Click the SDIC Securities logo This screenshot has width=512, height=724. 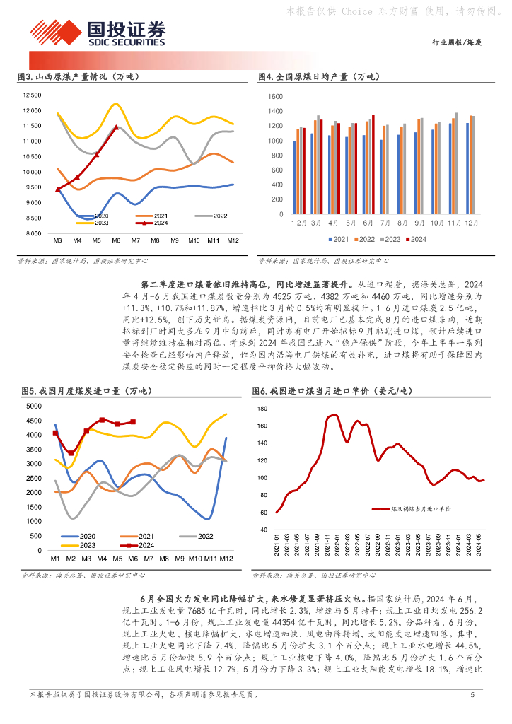(x=98, y=33)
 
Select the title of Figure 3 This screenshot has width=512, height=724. (x=78, y=77)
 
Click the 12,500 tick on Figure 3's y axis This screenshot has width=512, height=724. (x=33, y=95)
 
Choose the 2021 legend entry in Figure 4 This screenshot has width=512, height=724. (x=337, y=239)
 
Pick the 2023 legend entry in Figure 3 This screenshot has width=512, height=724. (x=98, y=222)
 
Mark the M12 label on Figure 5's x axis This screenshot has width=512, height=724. (x=226, y=559)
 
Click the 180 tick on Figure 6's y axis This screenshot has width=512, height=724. (x=262, y=409)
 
